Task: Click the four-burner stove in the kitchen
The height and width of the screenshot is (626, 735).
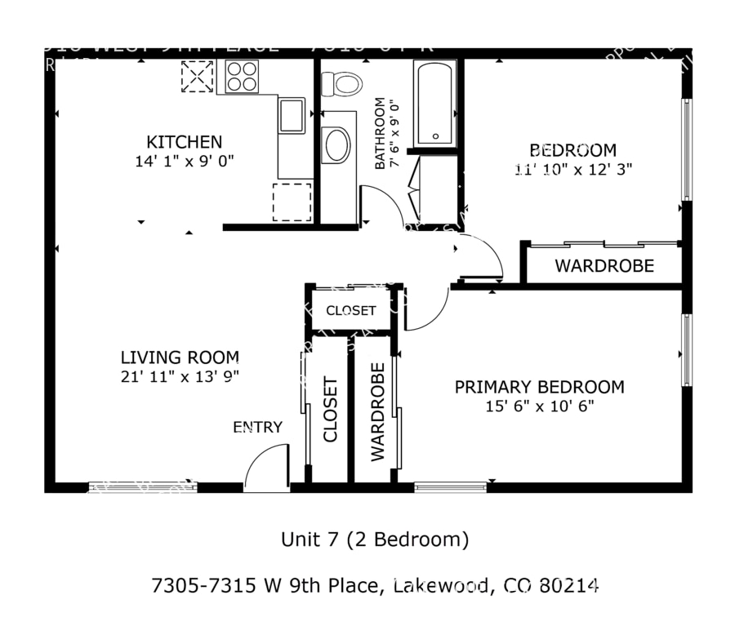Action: [x=242, y=77]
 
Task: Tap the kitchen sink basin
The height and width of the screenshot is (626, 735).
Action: [x=292, y=115]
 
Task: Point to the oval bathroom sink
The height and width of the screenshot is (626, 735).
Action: [x=336, y=145]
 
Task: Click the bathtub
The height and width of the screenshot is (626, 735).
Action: [x=434, y=104]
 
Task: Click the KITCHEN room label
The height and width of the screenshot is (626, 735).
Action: [x=184, y=142]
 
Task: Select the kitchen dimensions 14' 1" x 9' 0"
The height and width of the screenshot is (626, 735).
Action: [x=185, y=162]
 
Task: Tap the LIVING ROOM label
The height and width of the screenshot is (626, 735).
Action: [x=180, y=357]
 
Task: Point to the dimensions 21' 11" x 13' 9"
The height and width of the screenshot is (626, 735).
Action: [x=180, y=376]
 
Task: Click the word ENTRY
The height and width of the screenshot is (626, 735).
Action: [x=258, y=427]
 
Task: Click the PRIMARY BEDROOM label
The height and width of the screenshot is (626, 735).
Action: [x=539, y=387]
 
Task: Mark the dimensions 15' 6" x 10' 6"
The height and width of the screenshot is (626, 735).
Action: [x=539, y=406]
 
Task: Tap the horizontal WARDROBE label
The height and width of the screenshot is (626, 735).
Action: [x=604, y=266]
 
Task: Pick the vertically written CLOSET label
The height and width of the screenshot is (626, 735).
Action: [x=331, y=409]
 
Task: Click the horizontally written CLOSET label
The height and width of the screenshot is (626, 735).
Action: [x=351, y=311]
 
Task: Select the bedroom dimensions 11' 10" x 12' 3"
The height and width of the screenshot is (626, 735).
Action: [x=573, y=170]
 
